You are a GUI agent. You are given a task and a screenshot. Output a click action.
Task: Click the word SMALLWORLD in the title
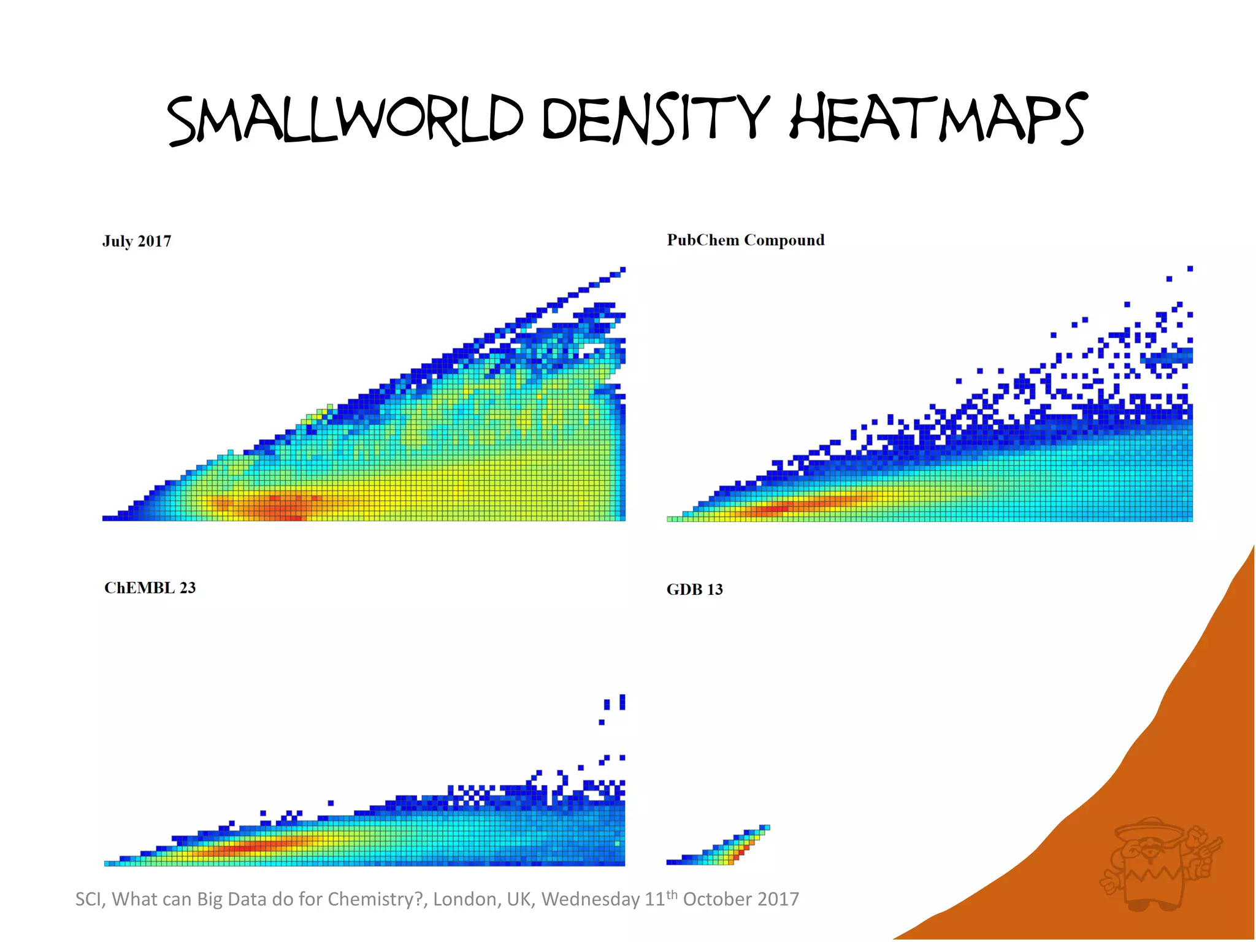[345, 120]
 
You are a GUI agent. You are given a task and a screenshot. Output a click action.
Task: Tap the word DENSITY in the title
[655, 120]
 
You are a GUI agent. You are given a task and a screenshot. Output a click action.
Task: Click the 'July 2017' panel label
[137, 241]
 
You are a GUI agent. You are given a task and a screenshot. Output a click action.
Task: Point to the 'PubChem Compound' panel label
[745, 240]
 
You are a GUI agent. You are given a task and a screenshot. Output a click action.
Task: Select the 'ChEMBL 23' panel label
[150, 588]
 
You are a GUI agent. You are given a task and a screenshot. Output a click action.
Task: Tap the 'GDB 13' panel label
[694, 589]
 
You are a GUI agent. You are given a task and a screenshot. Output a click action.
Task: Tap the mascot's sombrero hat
[1150, 830]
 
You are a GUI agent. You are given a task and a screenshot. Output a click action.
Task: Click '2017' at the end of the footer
[777, 899]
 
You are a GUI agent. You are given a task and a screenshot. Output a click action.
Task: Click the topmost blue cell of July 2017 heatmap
[622, 269]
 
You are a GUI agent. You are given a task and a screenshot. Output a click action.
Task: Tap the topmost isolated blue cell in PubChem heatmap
[1190, 269]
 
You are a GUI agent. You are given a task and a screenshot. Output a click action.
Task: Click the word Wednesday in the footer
[591, 899]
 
